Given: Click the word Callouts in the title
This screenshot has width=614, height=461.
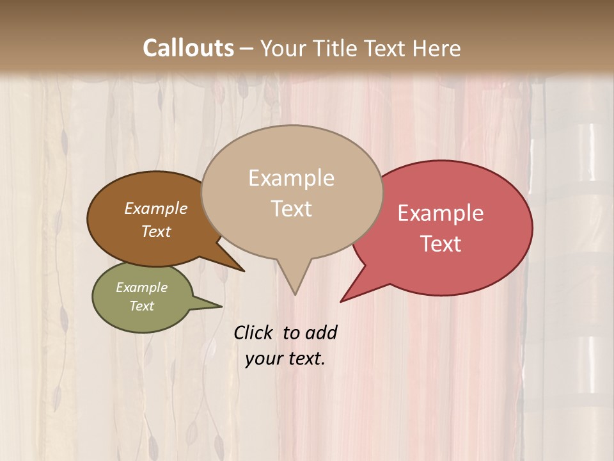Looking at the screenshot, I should click(x=188, y=48).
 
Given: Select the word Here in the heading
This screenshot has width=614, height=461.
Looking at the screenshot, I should click(x=437, y=48).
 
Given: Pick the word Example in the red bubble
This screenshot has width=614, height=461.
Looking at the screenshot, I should click(x=441, y=213).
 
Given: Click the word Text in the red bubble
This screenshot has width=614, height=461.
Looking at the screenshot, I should click(x=441, y=243).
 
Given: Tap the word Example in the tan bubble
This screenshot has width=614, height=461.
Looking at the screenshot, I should click(x=291, y=178).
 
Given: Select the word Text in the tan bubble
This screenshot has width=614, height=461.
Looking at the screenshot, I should click(x=291, y=209).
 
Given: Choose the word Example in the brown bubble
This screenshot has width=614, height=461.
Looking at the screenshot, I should click(x=156, y=208).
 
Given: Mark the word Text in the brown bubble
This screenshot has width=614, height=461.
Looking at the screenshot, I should click(x=156, y=231).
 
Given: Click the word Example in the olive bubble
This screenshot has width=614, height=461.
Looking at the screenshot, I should click(x=141, y=287).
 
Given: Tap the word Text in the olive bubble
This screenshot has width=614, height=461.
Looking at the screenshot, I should click(x=141, y=306).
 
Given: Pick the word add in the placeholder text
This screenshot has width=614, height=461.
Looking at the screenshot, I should click(x=321, y=332).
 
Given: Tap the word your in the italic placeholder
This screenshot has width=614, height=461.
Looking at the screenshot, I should click(x=264, y=359).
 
